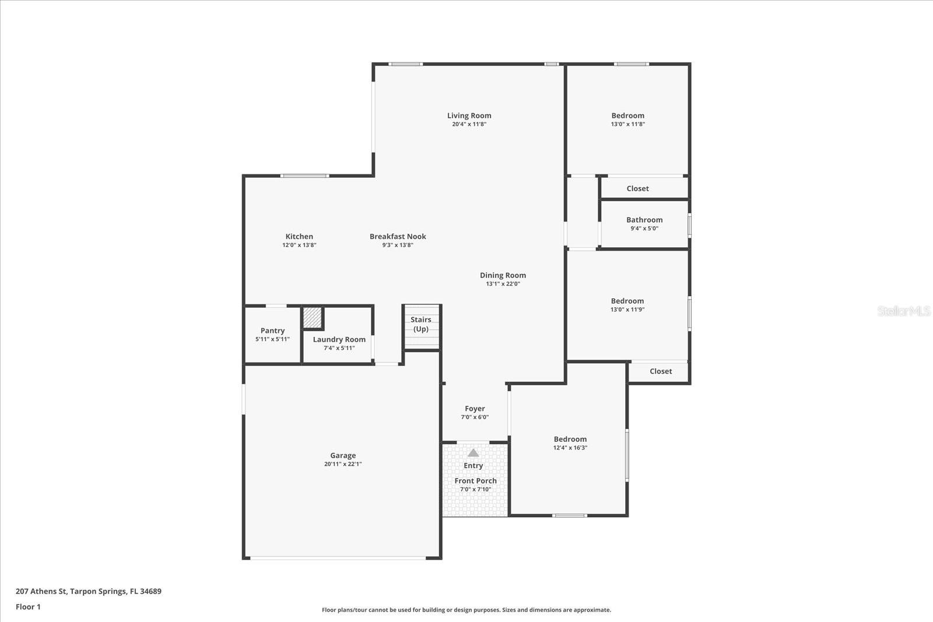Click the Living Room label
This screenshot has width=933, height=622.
tap(469, 115)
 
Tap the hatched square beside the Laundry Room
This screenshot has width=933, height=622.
tap(313, 318)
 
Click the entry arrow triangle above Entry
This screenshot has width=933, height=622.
tap(473, 453)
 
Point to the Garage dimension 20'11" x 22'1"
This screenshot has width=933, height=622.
tap(343, 464)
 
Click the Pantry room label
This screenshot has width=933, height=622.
tap(272, 331)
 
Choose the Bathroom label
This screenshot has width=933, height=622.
tap(644, 220)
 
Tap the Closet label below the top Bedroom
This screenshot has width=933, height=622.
tap(637, 188)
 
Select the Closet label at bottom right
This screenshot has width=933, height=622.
tap(661, 371)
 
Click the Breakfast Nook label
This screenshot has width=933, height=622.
tap(398, 236)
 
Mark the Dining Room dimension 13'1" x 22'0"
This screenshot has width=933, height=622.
tap(503, 284)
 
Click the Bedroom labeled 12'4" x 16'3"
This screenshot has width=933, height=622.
tap(570, 439)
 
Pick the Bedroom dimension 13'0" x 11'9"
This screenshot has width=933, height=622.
tap(627, 310)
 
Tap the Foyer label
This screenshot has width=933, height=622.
tap(475, 409)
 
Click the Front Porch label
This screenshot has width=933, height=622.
tap(475, 481)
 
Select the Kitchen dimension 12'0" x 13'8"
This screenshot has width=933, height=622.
tap(299, 245)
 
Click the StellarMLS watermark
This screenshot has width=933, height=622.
tap(903, 311)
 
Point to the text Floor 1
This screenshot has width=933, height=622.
tap(28, 607)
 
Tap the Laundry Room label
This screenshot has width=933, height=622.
tap(339, 339)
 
